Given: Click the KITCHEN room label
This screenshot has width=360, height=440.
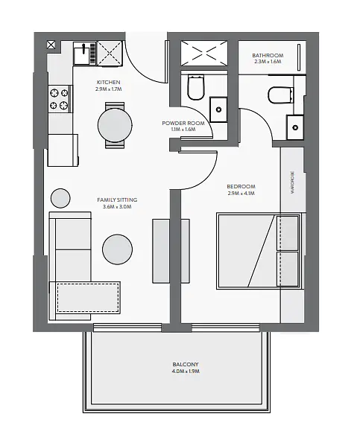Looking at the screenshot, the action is [109, 82].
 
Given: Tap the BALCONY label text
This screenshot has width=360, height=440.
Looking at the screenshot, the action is [186, 364].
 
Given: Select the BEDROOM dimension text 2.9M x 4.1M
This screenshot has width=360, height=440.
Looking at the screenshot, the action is [241, 193].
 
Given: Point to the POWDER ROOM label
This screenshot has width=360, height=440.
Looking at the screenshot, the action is [183, 123].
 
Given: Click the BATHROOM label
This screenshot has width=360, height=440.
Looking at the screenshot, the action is [268, 55].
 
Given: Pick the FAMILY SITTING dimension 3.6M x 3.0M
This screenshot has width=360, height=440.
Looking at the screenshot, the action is [117, 206].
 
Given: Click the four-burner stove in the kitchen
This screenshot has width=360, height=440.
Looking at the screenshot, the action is [60, 99].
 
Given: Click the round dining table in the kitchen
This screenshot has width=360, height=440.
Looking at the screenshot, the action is [115, 125].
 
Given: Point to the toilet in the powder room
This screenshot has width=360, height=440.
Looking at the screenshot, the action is [196, 86].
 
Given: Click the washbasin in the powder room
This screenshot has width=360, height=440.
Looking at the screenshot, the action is [218, 109].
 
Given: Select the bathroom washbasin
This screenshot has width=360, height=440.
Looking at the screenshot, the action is [295, 127].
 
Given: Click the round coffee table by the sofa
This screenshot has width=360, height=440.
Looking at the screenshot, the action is [117, 249].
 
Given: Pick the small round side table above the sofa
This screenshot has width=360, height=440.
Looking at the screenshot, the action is [60, 198].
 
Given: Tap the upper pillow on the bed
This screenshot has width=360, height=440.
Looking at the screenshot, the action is [287, 233].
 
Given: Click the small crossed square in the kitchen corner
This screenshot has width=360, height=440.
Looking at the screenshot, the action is [51, 45].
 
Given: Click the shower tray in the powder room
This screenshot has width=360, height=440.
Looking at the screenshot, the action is [204, 53].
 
